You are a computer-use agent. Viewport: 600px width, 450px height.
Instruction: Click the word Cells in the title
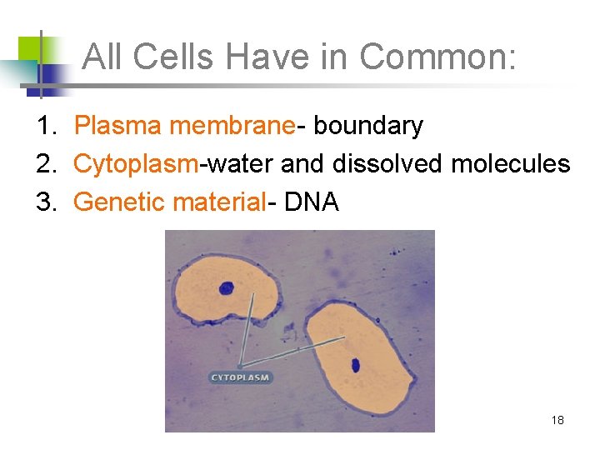click(x=175, y=57)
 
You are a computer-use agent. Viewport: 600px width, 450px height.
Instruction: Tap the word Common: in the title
click(x=439, y=57)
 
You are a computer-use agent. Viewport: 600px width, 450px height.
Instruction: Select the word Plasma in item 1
click(x=118, y=126)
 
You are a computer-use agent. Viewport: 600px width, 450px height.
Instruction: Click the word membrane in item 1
click(x=232, y=126)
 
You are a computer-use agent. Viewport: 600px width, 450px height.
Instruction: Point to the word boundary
click(x=368, y=126)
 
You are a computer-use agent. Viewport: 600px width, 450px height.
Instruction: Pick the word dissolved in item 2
click(x=388, y=163)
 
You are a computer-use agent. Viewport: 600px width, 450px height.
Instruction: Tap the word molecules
click(x=511, y=163)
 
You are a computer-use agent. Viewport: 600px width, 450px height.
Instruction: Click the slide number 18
click(x=557, y=420)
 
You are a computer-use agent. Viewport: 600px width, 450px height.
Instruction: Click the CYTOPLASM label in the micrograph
click(x=240, y=377)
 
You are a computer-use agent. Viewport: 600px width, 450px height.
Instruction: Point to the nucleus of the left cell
click(x=226, y=288)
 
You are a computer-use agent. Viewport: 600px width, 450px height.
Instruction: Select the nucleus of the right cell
click(x=355, y=364)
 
